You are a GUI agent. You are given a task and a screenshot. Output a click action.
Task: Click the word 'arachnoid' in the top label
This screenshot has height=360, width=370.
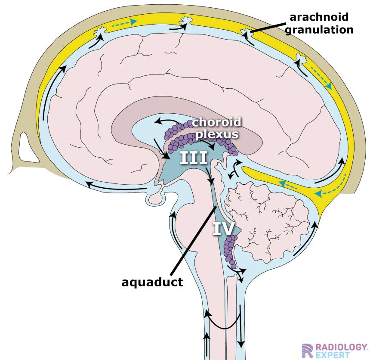318,17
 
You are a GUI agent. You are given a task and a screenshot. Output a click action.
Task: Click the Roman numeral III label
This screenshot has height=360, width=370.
194,158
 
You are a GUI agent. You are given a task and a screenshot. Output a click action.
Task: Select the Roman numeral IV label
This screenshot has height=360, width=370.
224,228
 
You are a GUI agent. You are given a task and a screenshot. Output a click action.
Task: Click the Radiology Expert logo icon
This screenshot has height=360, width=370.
307,351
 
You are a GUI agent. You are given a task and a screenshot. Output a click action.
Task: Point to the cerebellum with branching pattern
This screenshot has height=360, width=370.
267,224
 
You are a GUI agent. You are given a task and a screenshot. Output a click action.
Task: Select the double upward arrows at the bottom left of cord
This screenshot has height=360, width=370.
208,342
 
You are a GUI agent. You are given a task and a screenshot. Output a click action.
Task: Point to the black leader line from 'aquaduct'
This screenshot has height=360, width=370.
194,241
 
